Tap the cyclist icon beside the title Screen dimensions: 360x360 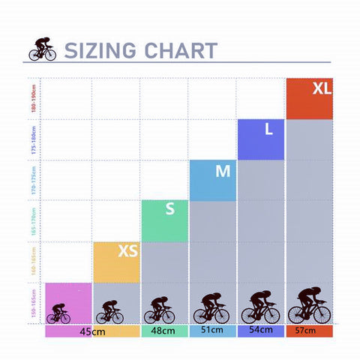point(43,49)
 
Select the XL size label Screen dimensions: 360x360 point(322,88)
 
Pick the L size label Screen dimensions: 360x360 point(268,129)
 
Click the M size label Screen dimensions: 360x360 point(223,171)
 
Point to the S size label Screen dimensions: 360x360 point(170,209)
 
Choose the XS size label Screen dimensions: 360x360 point(127,251)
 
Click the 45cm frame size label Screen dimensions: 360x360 point(91,331)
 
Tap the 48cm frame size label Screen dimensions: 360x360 point(163,331)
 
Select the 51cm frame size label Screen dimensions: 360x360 point(212,331)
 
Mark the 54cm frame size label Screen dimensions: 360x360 point(260,331)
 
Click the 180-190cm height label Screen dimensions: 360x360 point(33,98)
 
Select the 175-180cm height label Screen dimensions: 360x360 point(33,139)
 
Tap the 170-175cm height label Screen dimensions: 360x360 point(33,180)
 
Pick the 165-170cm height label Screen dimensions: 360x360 point(33,221)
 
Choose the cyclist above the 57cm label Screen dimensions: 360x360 point(309,306)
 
